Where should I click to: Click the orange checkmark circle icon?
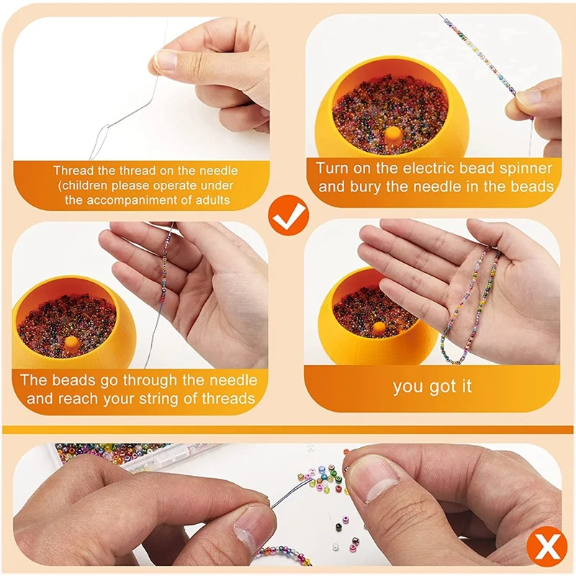(x=289, y=215)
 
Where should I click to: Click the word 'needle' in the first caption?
(x=219, y=171)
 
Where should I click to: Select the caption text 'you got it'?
(x=432, y=387)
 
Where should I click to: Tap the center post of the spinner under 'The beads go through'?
(x=71, y=345)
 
